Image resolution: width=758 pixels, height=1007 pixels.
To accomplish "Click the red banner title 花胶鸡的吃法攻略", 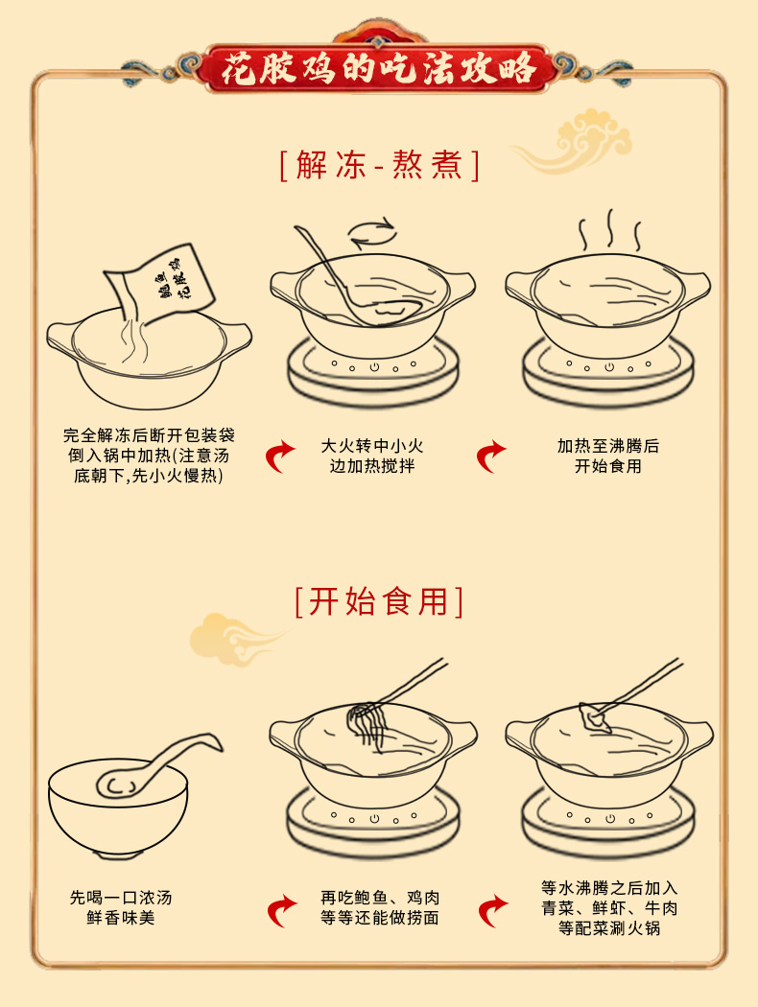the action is tap(379, 68).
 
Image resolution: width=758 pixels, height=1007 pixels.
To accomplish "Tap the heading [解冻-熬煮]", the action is tap(380, 165).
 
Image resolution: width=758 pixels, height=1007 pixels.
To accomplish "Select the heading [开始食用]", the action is tap(379, 601).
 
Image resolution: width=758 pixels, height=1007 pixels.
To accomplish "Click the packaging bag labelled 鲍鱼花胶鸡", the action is tap(160, 286).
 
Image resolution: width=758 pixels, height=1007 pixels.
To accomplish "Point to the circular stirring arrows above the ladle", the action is tap(372, 232).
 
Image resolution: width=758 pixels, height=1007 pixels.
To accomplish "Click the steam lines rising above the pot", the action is tap(609, 230).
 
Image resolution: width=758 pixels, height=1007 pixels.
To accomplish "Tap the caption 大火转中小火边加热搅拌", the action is tap(372, 456).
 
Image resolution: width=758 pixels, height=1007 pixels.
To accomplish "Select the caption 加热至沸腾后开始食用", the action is tap(608, 456).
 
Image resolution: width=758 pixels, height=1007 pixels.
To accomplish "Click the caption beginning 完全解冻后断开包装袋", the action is tap(149, 456).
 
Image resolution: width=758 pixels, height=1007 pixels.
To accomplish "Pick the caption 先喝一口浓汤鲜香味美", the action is tap(121, 907).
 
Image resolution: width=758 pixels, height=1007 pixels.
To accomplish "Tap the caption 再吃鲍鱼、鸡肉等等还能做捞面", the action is tap(380, 907).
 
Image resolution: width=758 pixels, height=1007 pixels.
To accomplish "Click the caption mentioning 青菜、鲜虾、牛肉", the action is tap(609, 907).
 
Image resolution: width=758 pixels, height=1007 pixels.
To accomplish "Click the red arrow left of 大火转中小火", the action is tap(280, 457).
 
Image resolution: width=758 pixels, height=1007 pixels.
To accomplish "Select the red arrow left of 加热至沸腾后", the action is tap(491, 457).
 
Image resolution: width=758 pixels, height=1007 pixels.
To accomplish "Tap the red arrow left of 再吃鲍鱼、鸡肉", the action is tap(282, 911).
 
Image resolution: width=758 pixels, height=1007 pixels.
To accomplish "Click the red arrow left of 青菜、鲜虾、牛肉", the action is tap(493, 911).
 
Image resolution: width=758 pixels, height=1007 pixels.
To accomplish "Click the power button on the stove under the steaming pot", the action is tap(609, 367).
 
